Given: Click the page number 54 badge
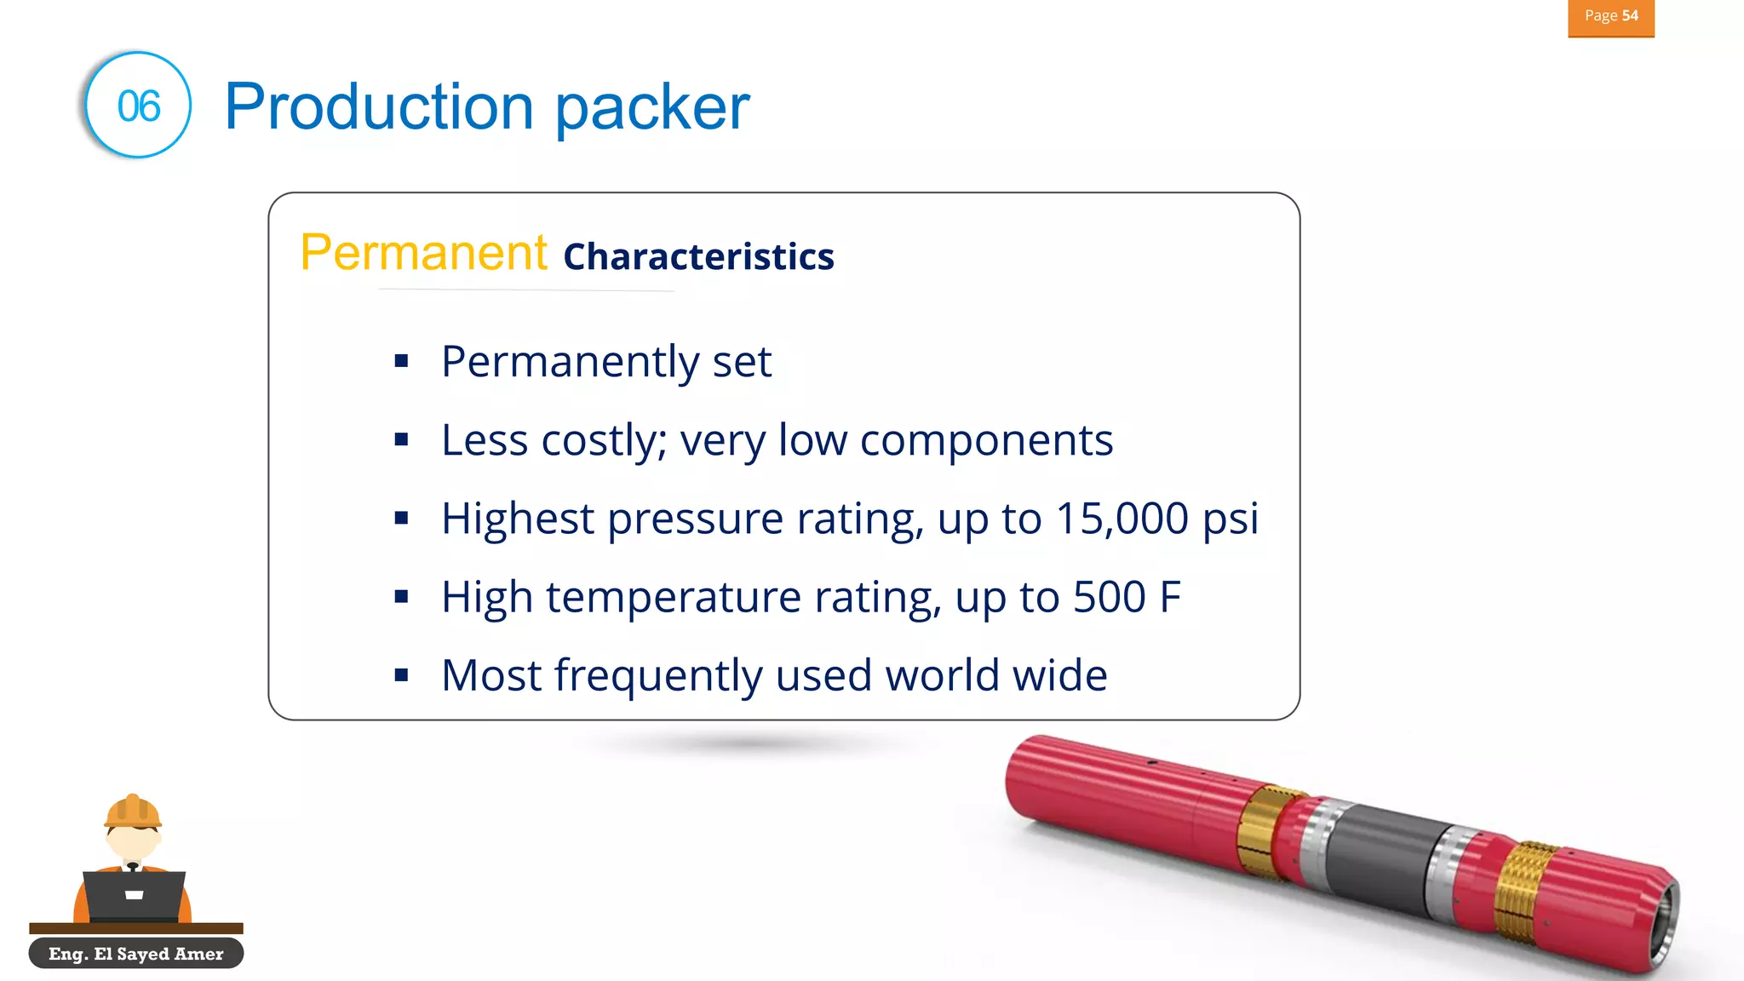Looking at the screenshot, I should click(1610, 17).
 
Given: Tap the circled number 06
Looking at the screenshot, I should click(139, 106).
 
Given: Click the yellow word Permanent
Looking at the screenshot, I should click(423, 253).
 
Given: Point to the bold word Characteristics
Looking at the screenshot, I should click(698, 257).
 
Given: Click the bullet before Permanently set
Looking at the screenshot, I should click(402, 362).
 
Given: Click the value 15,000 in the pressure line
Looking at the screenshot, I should click(1122, 519).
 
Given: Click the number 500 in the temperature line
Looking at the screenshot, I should click(1109, 597).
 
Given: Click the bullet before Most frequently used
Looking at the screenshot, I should click(402, 676).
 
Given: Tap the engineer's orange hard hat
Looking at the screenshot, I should click(132, 812).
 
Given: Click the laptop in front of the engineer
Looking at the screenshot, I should click(134, 895).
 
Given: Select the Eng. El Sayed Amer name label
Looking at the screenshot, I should click(136, 954).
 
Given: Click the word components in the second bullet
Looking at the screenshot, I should click(986, 441).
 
